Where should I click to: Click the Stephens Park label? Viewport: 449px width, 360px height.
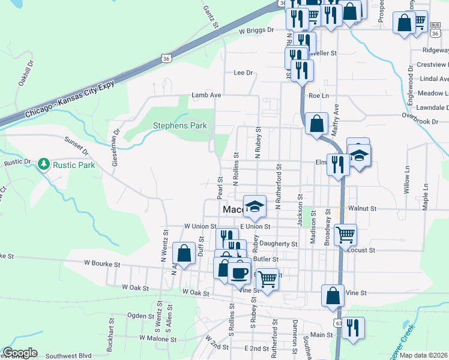[180, 125]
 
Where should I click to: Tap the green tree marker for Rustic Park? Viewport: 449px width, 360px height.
[43, 164]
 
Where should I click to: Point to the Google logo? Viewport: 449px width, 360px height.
[20, 353]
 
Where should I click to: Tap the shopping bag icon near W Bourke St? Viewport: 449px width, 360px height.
[184, 253]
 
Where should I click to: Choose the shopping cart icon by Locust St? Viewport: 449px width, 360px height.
[345, 235]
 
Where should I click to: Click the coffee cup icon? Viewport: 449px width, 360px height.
[240, 271]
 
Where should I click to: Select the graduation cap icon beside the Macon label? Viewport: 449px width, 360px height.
[255, 206]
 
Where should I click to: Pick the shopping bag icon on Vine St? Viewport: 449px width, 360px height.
[333, 295]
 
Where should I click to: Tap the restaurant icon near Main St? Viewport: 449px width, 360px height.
[353, 328]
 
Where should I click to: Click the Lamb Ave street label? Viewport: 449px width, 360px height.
[206, 95]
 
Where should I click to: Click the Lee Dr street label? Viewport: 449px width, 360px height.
[243, 73]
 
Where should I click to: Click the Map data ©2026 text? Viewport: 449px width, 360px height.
[423, 355]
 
